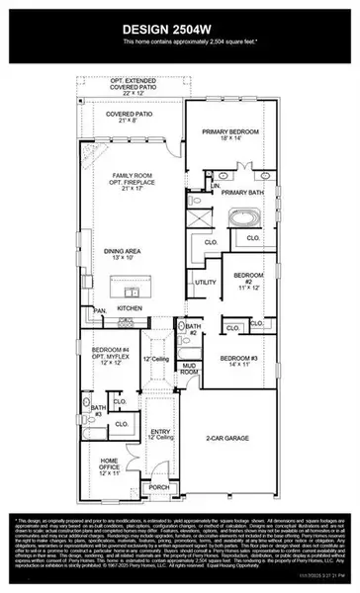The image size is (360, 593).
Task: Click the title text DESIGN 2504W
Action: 179,29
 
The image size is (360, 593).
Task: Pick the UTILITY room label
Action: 205,283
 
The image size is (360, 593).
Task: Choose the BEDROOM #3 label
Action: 239,361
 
